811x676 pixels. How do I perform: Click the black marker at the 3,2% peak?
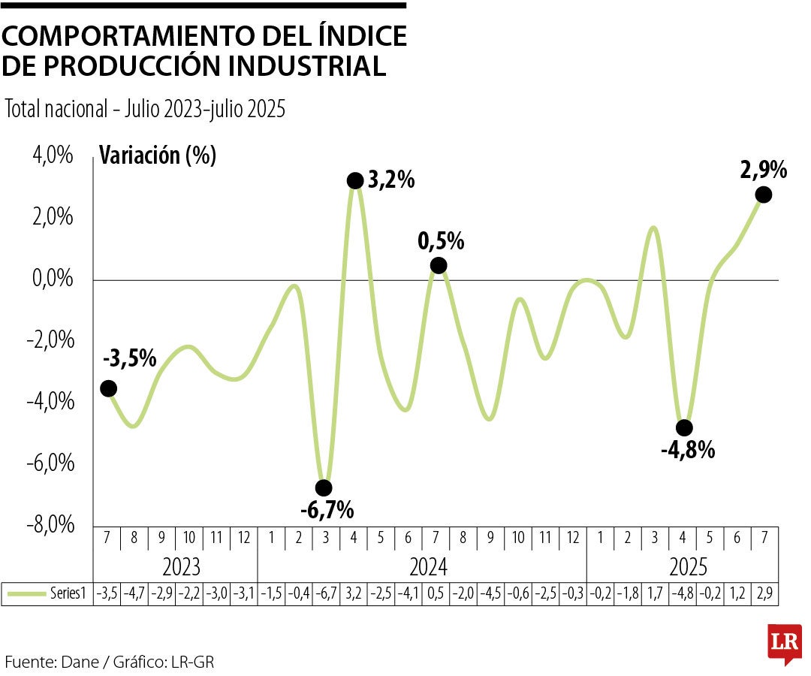356,180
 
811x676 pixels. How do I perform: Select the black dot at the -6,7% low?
324,488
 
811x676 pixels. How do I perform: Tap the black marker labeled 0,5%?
439,265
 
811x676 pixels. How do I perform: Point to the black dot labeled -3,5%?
108,388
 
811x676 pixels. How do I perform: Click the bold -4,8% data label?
687,451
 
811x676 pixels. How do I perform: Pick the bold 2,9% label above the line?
763,170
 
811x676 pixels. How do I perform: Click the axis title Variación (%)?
158,155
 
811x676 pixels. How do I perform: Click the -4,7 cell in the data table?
136,594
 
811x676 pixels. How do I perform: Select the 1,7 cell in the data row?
655,594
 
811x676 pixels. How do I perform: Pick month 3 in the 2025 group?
655,539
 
